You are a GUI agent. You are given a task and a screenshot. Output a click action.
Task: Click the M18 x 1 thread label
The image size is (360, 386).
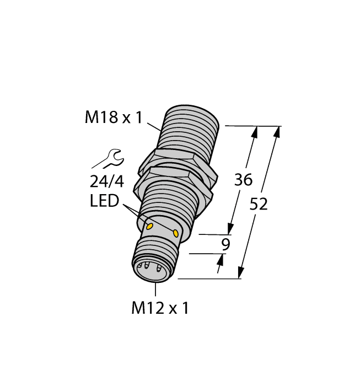(113, 117)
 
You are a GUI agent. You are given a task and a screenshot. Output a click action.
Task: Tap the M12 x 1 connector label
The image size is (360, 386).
(160, 309)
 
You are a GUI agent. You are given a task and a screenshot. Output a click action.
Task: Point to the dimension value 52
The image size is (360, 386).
(259, 204)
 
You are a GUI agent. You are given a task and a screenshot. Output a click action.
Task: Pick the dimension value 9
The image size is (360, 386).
(224, 245)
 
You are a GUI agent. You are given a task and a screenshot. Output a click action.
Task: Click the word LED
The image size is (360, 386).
(104, 202)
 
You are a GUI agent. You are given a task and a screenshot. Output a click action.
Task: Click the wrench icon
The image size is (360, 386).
(108, 159)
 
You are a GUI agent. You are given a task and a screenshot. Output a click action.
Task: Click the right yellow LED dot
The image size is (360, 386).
(176, 233)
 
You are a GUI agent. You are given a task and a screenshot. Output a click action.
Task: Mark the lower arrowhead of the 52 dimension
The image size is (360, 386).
(241, 275)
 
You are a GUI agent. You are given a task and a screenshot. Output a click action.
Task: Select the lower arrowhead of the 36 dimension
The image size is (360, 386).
(230, 230)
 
